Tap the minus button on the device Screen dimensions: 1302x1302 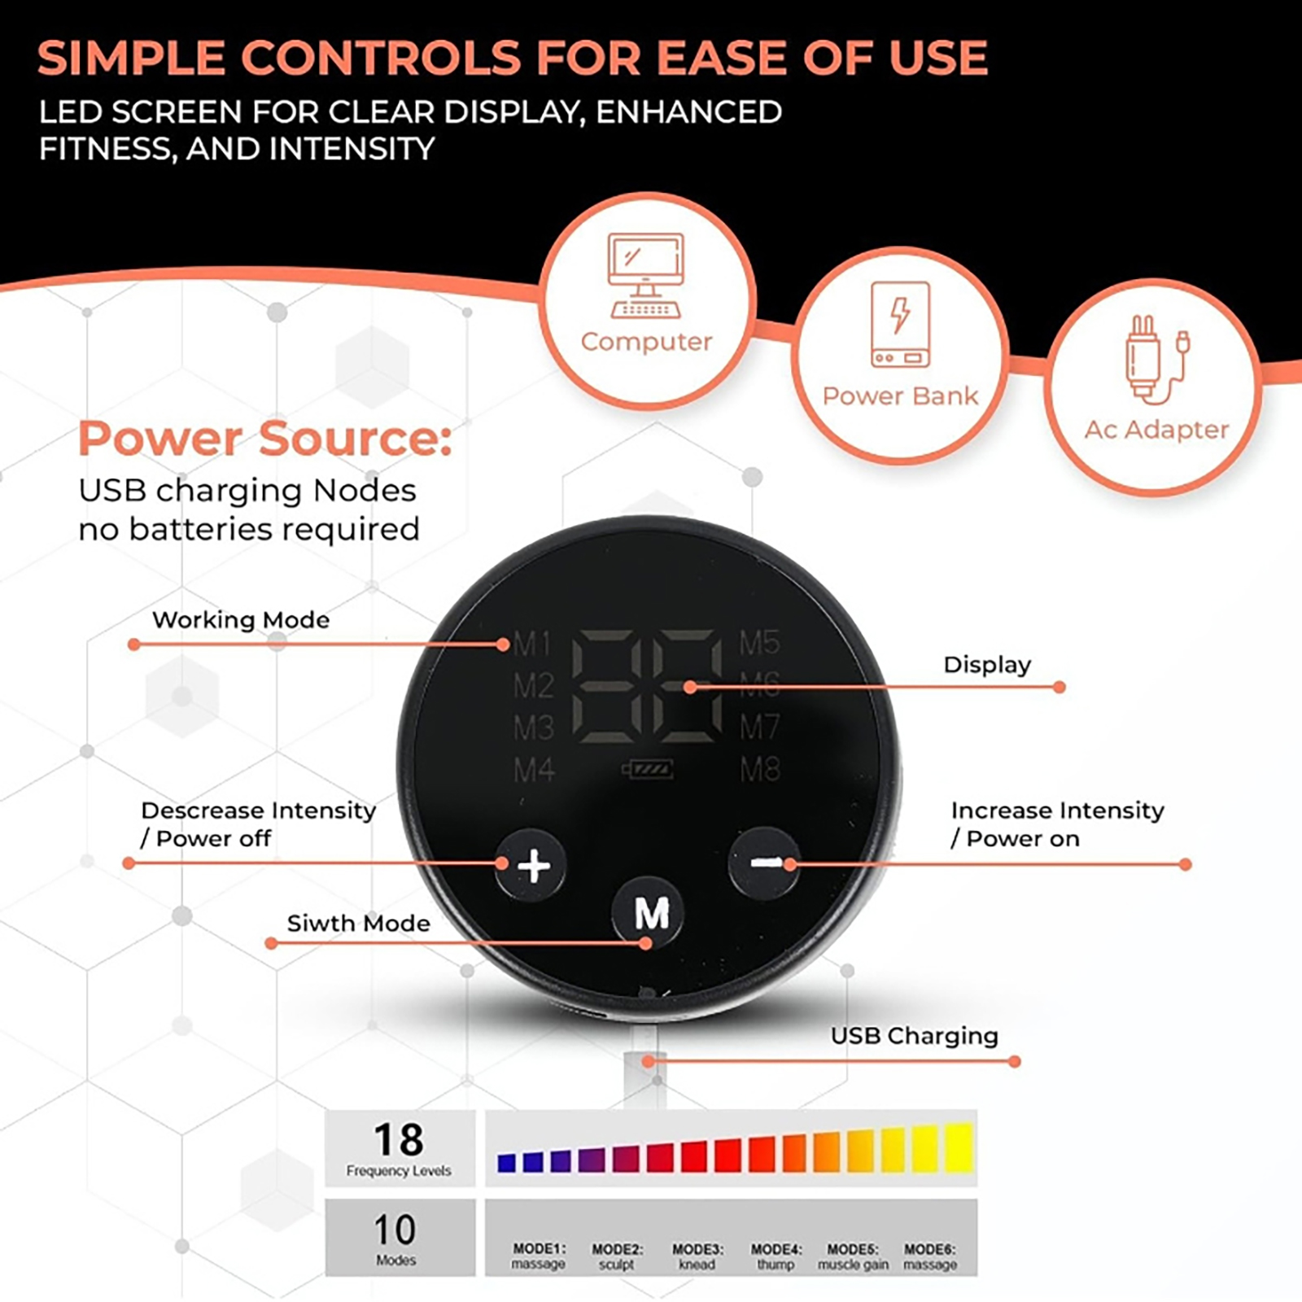763,863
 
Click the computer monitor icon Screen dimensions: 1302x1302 646,276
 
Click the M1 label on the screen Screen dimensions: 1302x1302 532,644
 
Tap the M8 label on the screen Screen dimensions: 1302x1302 760,769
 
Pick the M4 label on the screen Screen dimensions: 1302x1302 534,769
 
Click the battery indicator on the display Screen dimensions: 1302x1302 648,769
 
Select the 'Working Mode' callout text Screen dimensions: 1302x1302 241,620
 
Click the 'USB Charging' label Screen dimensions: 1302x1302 914,1036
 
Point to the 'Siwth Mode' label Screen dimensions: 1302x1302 358,923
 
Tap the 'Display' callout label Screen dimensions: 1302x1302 987,666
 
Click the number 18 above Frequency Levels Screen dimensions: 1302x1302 399,1139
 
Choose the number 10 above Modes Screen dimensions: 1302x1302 395,1230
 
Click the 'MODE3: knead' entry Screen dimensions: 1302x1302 697,1256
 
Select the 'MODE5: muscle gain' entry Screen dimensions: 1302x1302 853,1256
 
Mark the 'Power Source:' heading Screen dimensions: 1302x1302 264,439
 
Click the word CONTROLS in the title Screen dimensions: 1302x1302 381,58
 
